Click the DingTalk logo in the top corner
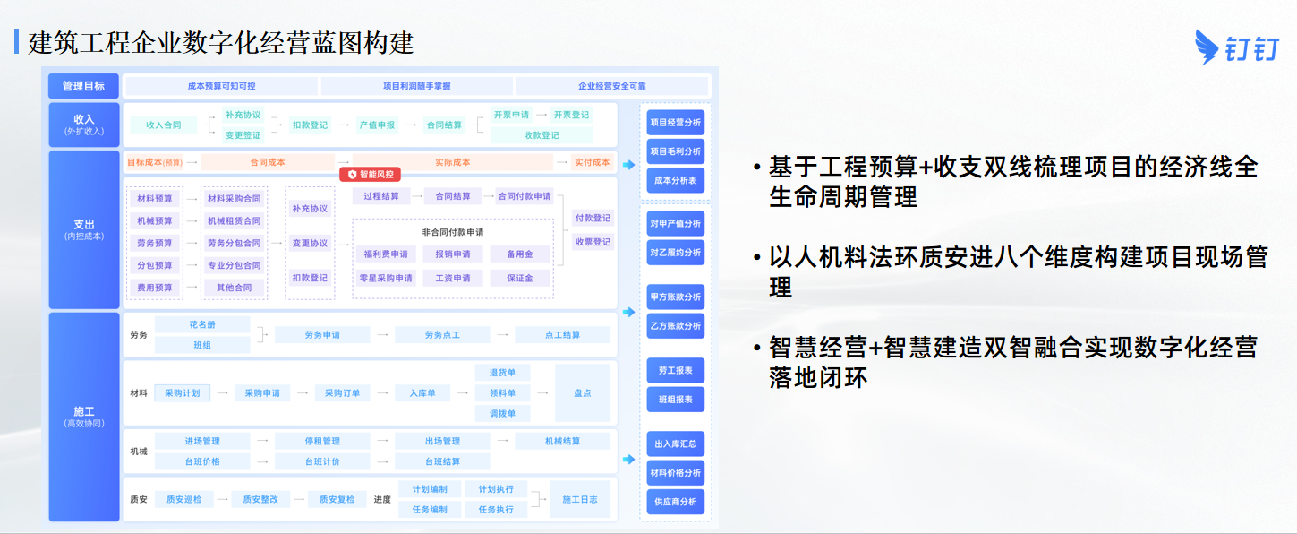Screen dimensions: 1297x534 click(x=1237, y=47)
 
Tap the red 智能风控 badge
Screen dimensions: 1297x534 click(x=370, y=174)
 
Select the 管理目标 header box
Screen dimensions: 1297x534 click(x=83, y=86)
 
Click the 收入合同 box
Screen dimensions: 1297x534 click(x=163, y=125)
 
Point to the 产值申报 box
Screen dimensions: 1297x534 click(x=377, y=125)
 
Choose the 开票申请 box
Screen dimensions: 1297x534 click(x=511, y=115)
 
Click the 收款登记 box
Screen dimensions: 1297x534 click(x=542, y=135)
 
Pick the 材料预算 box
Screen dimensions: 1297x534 click(x=155, y=199)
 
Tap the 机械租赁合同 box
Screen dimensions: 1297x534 click(x=234, y=221)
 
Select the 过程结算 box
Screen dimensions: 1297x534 click(x=381, y=196)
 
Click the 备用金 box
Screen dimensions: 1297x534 click(x=519, y=254)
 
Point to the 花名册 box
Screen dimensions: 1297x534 click(x=202, y=324)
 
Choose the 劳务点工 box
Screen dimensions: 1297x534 click(x=442, y=334)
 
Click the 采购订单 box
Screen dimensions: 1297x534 click(x=342, y=393)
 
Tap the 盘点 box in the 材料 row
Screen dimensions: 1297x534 click(x=583, y=393)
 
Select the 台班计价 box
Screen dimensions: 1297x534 click(x=322, y=461)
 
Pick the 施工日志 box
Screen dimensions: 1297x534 click(x=580, y=499)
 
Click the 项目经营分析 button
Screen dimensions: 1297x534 click(x=675, y=123)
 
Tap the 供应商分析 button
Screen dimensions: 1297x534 click(x=675, y=502)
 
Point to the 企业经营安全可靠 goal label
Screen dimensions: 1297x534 click(x=612, y=86)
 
